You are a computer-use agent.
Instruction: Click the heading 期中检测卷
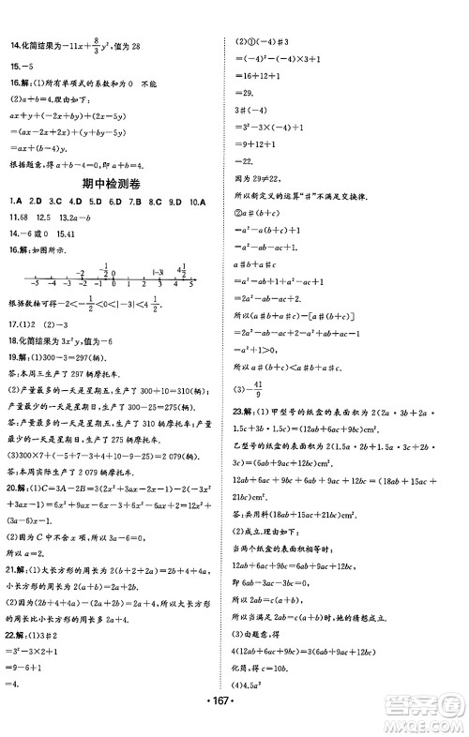(115, 183)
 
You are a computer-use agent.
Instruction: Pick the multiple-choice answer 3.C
(54, 202)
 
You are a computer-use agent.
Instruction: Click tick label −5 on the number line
(33, 283)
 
